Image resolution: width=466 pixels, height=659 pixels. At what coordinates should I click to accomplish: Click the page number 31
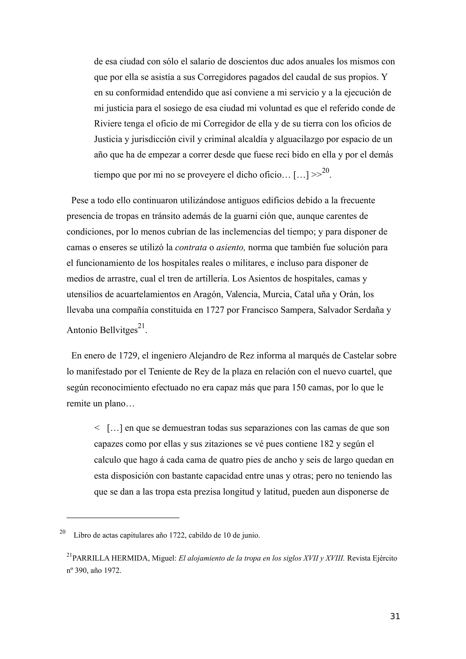click(x=395, y=616)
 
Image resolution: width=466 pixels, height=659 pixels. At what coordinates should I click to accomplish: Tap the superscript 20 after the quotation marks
click(x=325, y=170)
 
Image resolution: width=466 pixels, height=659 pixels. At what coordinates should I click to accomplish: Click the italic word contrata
click(x=191, y=247)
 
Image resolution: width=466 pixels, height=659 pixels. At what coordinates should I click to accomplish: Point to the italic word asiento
click(x=230, y=247)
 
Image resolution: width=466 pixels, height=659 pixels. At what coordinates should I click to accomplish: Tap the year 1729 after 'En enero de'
click(x=127, y=356)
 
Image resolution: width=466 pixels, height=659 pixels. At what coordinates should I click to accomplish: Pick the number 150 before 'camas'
click(x=299, y=387)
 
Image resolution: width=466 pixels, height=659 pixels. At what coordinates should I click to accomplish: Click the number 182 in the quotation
click(x=326, y=444)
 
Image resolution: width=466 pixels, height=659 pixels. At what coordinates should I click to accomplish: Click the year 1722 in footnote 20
click(x=177, y=535)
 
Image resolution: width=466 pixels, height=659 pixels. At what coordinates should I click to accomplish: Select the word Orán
click(x=348, y=294)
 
